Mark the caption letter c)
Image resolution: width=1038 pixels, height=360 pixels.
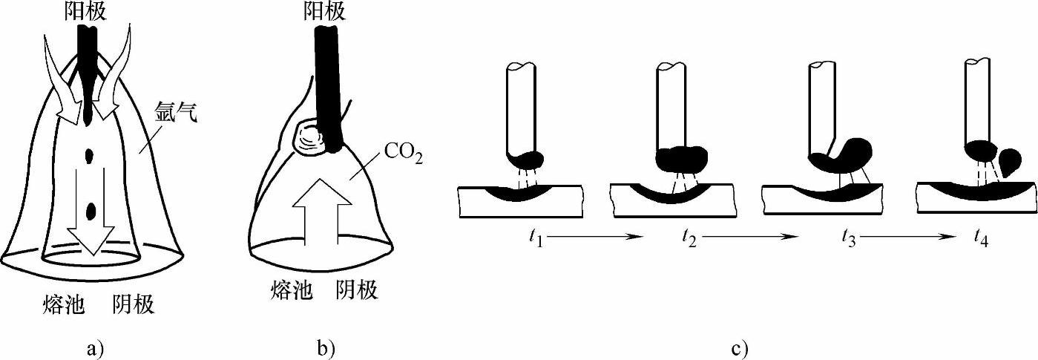pyautogui.click(x=740, y=348)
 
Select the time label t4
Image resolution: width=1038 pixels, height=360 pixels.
pyautogui.click(x=980, y=238)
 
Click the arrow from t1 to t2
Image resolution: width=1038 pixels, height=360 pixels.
pyautogui.click(x=594, y=238)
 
